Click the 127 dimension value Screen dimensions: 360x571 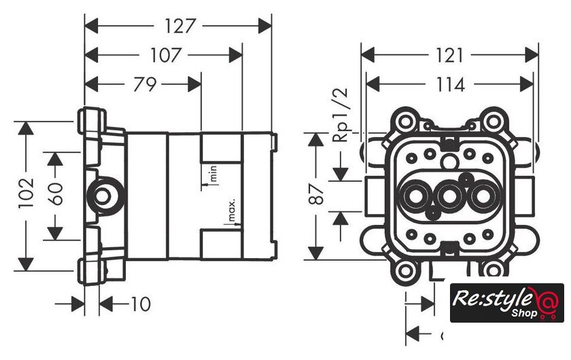179,26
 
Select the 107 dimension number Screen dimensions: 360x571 166,54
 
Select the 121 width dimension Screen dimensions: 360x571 449,54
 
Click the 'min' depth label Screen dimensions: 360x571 213,173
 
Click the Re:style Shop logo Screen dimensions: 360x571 507,302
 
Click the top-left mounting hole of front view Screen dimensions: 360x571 406,123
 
